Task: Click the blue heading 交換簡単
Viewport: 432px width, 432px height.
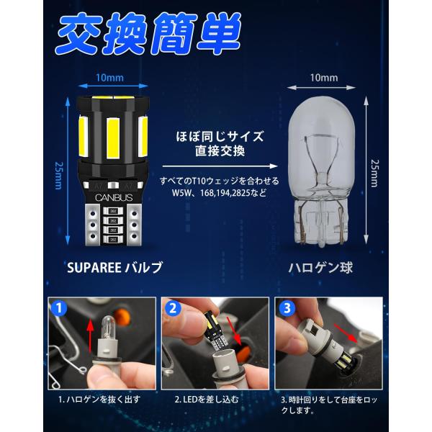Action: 149,33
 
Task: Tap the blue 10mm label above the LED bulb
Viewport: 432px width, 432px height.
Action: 109,78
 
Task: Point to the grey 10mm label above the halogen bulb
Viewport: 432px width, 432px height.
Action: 324,78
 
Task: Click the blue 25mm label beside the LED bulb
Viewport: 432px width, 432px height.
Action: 59,176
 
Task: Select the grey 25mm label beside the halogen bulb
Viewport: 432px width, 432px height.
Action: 374,174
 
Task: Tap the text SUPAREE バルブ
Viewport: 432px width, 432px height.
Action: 115,267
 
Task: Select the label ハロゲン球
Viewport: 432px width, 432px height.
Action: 320,268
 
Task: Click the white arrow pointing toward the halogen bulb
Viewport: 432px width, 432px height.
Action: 220,166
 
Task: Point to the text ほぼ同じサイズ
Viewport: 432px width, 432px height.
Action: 220,137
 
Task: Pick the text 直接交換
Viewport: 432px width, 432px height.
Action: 220,151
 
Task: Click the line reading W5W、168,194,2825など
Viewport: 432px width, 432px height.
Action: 220,192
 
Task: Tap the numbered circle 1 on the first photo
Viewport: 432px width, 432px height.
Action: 59,308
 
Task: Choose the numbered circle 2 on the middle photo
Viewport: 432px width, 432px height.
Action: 173,308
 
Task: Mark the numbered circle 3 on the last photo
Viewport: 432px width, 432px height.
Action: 287,308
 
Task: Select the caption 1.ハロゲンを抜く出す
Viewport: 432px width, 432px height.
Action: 99,400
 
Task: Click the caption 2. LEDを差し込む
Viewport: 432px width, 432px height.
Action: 207,400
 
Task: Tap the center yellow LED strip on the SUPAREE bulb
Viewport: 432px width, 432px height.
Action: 114,138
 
